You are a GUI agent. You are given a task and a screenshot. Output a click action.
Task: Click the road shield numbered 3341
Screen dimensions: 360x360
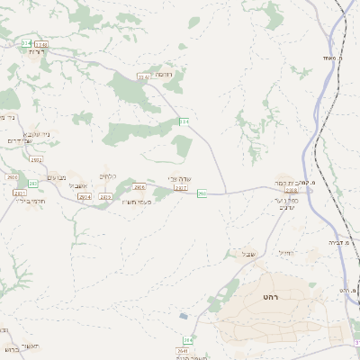coord(142,76)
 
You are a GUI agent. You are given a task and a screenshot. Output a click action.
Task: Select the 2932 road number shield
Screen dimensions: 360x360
coord(36,159)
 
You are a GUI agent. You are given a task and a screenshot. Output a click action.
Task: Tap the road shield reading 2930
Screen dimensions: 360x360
coord(13,177)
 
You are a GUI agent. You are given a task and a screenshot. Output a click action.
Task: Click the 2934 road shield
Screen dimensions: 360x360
coord(85,196)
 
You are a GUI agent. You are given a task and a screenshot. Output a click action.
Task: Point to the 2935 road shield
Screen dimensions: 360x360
coord(105,196)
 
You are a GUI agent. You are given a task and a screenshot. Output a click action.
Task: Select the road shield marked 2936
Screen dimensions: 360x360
coord(139,187)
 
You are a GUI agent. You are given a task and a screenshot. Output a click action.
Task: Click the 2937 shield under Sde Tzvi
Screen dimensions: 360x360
coord(181,188)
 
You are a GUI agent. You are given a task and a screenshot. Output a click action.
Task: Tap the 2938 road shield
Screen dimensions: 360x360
coord(291,191)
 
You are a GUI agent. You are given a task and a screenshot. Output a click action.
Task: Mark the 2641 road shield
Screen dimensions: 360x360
coord(183,351)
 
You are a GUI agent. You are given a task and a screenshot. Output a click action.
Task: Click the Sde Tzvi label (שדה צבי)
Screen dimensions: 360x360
coord(181,179)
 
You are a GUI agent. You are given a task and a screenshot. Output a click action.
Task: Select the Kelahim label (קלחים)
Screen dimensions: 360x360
coord(108,176)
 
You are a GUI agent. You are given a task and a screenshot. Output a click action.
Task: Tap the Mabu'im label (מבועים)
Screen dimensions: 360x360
coord(57,177)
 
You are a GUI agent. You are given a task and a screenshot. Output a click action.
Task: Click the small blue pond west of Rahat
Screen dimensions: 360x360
coord(184,316)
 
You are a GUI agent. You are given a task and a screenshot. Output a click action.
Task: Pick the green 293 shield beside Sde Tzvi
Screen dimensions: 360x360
coord(202,193)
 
